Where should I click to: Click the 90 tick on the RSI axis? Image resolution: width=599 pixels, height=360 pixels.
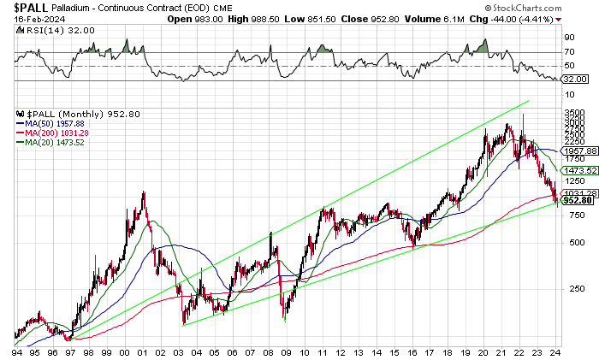[568, 38]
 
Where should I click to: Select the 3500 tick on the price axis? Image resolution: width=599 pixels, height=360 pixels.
[572, 113]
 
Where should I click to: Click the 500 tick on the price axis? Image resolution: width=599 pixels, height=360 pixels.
[570, 242]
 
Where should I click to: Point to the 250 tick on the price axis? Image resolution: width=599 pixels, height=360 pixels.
[570, 288]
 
